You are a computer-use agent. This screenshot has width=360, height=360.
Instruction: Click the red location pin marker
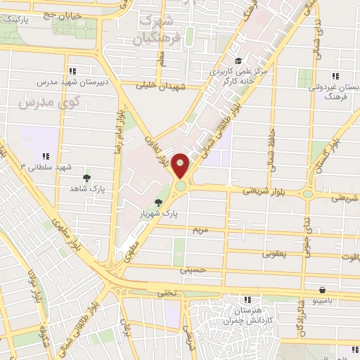click(x=181, y=166)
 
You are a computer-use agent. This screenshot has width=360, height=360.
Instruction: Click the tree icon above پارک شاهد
click(x=86, y=179)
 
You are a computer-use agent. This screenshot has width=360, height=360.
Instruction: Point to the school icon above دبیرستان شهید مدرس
click(x=73, y=70)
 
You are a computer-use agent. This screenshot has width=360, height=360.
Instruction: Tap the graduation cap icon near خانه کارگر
click(x=238, y=61)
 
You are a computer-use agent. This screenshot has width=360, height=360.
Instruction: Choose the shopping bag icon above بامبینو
click(x=322, y=289)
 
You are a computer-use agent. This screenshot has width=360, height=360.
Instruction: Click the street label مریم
click(x=200, y=230)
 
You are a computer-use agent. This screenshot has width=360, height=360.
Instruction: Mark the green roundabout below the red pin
click(x=181, y=186)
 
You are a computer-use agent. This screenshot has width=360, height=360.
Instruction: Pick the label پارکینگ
click(x=17, y=19)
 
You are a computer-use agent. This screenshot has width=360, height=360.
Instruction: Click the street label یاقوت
click(x=347, y=257)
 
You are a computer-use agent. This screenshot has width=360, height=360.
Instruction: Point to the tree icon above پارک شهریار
click(x=167, y=202)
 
